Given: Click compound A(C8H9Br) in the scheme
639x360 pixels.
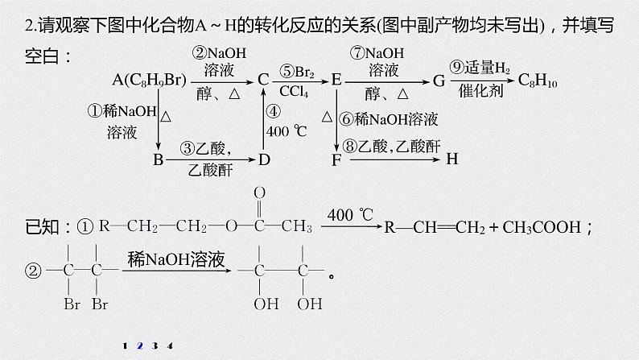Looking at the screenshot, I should click(150, 80).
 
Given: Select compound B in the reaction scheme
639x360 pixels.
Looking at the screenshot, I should click(158, 159).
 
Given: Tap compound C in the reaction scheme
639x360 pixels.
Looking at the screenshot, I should click(263, 80).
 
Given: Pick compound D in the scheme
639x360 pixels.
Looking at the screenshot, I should click(264, 159).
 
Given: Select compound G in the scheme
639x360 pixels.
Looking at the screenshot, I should click(439, 80).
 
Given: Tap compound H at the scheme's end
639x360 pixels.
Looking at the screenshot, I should click(451, 159).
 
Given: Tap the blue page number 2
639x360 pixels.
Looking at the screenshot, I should click(139, 346).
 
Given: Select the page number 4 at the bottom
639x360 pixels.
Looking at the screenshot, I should click(170, 346).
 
